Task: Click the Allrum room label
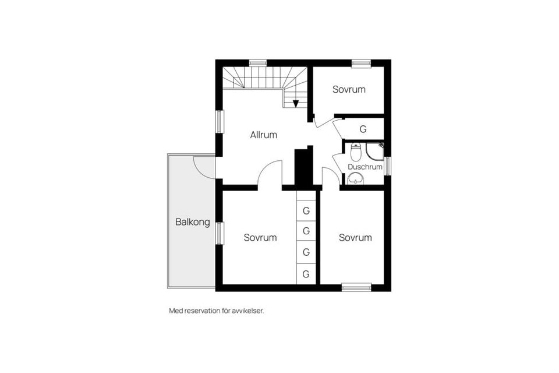(x=264, y=135)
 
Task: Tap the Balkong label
(x=193, y=222)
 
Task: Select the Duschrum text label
(x=365, y=167)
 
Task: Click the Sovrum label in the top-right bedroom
(x=349, y=89)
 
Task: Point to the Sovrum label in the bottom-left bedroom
(x=260, y=238)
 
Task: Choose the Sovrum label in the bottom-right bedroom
(x=355, y=238)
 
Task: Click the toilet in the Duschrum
(x=356, y=153)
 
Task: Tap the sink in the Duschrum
(x=355, y=179)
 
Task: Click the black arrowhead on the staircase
(x=296, y=104)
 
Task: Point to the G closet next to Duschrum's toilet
(x=363, y=129)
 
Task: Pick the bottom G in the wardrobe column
(x=306, y=273)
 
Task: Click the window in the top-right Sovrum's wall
(x=361, y=63)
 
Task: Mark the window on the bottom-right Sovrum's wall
(x=356, y=287)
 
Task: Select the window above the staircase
(x=257, y=63)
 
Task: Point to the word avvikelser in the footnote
(x=248, y=311)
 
